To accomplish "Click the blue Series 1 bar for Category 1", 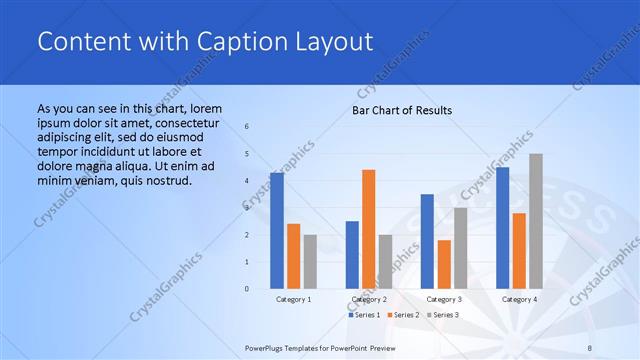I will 277,231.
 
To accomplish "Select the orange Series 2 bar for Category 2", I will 368,229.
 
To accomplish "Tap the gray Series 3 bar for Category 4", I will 536,221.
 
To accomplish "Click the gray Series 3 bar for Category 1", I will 310,262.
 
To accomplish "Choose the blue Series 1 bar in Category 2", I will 352,255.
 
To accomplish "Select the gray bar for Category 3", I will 460,248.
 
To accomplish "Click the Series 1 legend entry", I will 365,315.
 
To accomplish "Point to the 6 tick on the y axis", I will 247,127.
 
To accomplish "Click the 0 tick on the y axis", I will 247,289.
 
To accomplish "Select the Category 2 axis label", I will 370,299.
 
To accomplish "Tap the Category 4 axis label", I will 519,299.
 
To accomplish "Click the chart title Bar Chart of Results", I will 401,109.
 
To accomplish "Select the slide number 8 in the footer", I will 588,345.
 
